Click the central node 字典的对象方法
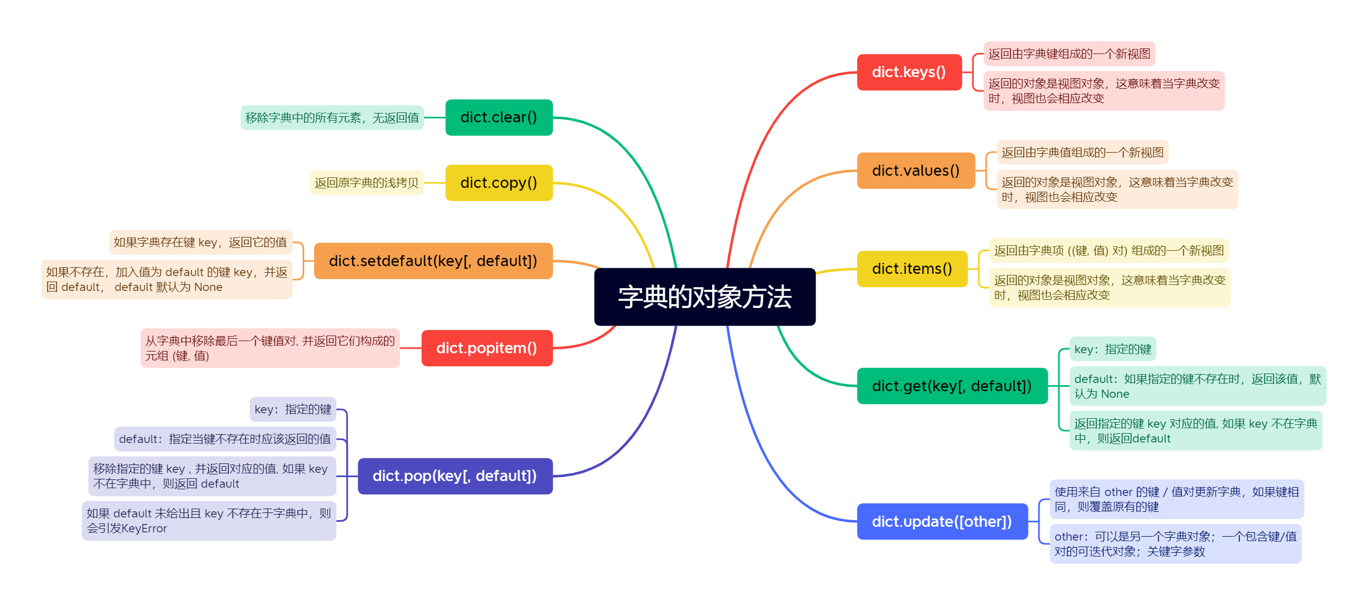[704, 297]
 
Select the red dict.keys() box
[909, 72]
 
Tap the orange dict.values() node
[915, 171]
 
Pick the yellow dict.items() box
[912, 269]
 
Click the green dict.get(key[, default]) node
[952, 386]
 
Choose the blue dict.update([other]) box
[942, 521]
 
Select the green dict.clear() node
[499, 117]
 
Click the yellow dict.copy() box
[499, 183]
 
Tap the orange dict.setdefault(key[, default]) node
[433, 261]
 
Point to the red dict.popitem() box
[487, 348]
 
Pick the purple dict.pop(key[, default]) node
[455, 476]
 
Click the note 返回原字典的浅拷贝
[367, 183]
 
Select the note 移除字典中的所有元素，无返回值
[332, 118]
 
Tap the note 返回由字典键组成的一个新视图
[1069, 54]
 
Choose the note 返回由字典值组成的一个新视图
[1082, 153]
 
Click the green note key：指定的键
[1112, 349]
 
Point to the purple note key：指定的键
[293, 409]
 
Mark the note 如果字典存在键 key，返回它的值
[200, 242]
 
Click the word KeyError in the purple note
[144, 528]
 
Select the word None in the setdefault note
[208, 287]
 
